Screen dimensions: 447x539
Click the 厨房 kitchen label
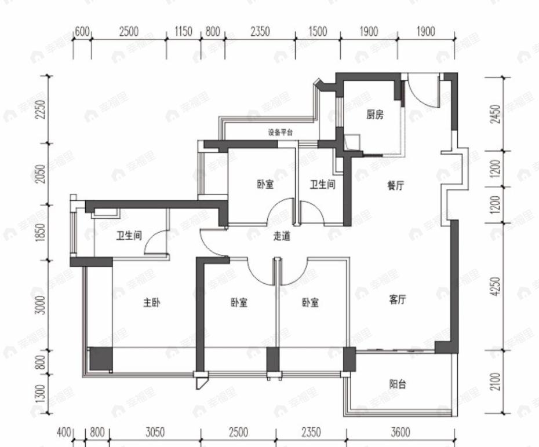374,115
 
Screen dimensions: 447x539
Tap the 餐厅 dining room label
396,186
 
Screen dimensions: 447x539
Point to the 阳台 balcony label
397,384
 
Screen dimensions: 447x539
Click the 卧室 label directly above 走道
265,185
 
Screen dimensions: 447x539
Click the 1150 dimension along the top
183,32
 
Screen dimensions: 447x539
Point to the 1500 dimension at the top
318,32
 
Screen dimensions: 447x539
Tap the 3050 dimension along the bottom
155,433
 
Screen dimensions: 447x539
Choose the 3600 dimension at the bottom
400,433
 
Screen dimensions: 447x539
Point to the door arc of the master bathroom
153,246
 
